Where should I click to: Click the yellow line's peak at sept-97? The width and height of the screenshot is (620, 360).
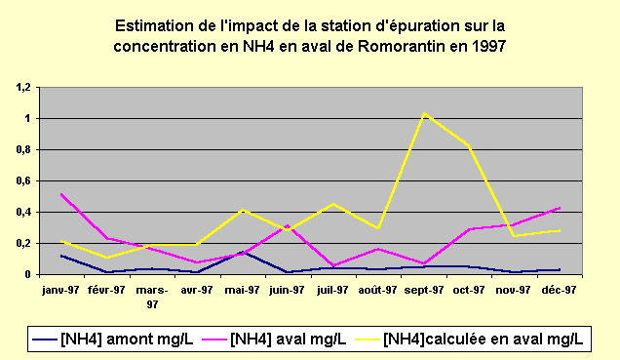pos(424,113)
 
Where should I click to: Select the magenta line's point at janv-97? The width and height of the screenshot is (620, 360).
pos(61,194)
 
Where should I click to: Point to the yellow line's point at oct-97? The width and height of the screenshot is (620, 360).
pos(469,145)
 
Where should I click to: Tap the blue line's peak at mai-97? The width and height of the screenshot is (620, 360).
pos(243,252)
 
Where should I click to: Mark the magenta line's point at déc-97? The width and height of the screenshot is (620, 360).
pos(560,207)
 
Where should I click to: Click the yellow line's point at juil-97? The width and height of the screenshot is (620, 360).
pos(333,204)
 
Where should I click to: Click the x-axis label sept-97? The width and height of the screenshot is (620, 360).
pos(424,290)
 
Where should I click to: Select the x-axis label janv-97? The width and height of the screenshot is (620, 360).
pos(61,290)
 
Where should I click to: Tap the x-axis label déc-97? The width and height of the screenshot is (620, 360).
pos(560,290)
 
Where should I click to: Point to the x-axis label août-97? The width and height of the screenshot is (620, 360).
pos(378,290)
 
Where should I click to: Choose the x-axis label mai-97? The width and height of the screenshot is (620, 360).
pos(243,290)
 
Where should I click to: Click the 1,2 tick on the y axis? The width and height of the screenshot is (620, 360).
pos(22,87)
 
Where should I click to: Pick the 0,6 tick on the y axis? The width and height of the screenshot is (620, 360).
pos(22,180)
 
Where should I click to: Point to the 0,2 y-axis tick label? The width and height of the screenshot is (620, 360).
pos(22,243)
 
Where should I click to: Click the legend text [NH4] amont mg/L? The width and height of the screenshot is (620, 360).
pos(129,339)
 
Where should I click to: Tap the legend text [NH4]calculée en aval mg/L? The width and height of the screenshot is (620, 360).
pos(484,339)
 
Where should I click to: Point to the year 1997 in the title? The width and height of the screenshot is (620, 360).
pos(489,46)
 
